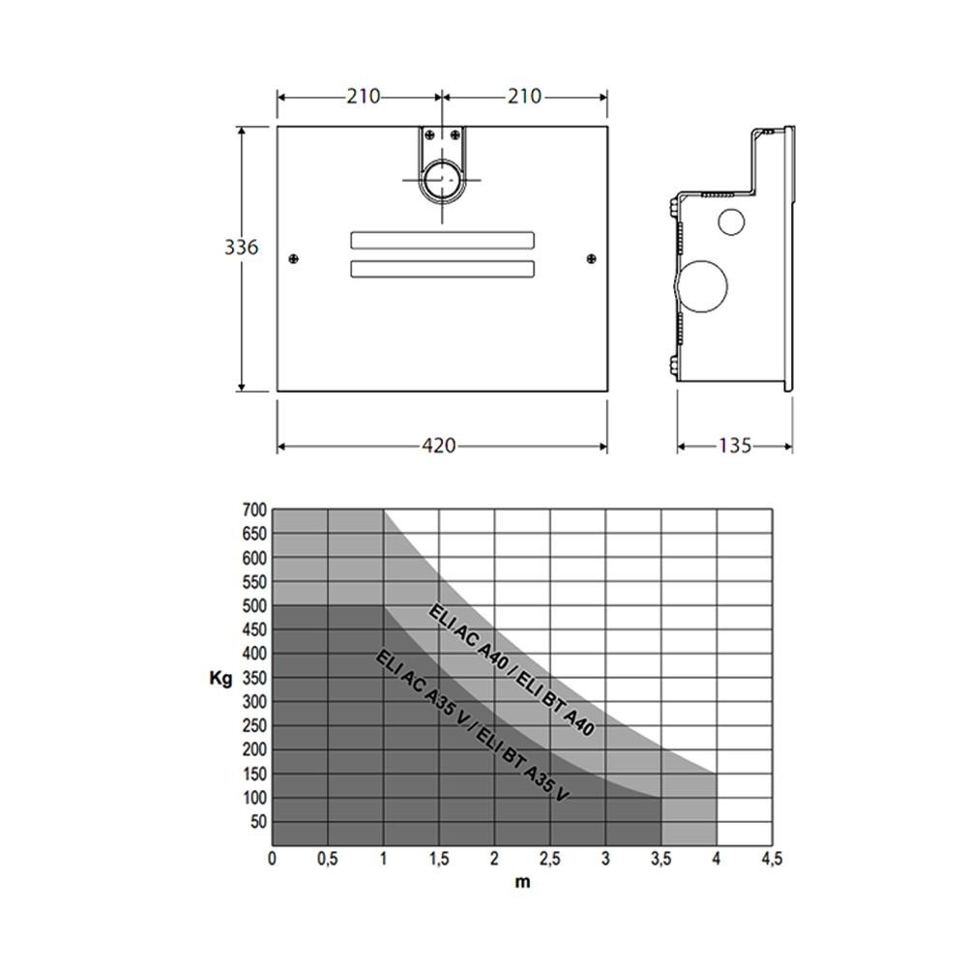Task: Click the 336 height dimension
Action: (241, 248)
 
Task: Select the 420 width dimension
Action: (439, 445)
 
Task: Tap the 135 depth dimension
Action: (735, 445)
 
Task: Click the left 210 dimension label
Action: (364, 96)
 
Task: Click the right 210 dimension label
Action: (525, 96)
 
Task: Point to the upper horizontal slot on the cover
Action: (442, 240)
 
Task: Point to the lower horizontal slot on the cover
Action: (442, 269)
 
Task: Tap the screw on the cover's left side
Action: (294, 258)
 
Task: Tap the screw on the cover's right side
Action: (592, 258)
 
